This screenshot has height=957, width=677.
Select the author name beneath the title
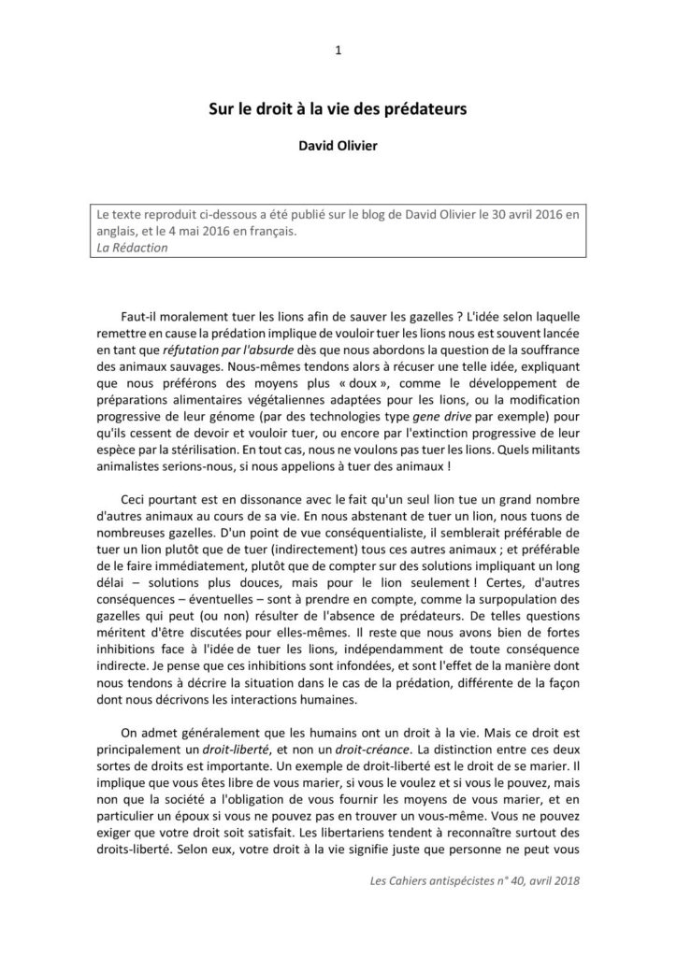[338, 146]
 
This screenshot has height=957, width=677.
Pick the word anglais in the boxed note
[120, 231]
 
